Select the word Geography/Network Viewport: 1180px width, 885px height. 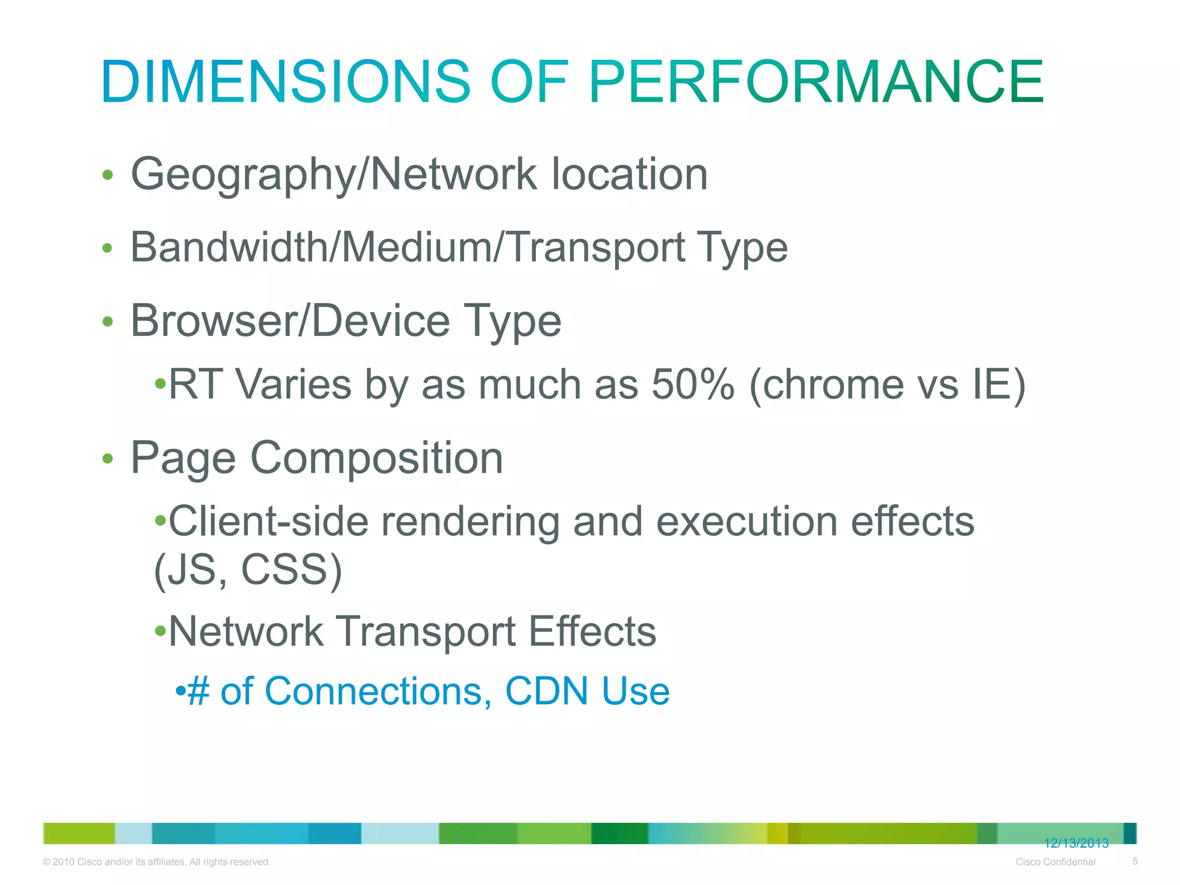334,174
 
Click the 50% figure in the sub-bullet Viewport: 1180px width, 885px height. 693,384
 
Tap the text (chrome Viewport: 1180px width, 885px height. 826,384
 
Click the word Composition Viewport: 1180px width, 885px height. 377,458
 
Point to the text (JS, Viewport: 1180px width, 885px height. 190,570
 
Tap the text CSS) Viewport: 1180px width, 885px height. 292,570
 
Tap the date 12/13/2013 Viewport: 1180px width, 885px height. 1076,844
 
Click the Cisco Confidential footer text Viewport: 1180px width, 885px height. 1056,862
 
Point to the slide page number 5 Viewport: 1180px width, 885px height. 1135,861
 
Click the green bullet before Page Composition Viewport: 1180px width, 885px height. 107,459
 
